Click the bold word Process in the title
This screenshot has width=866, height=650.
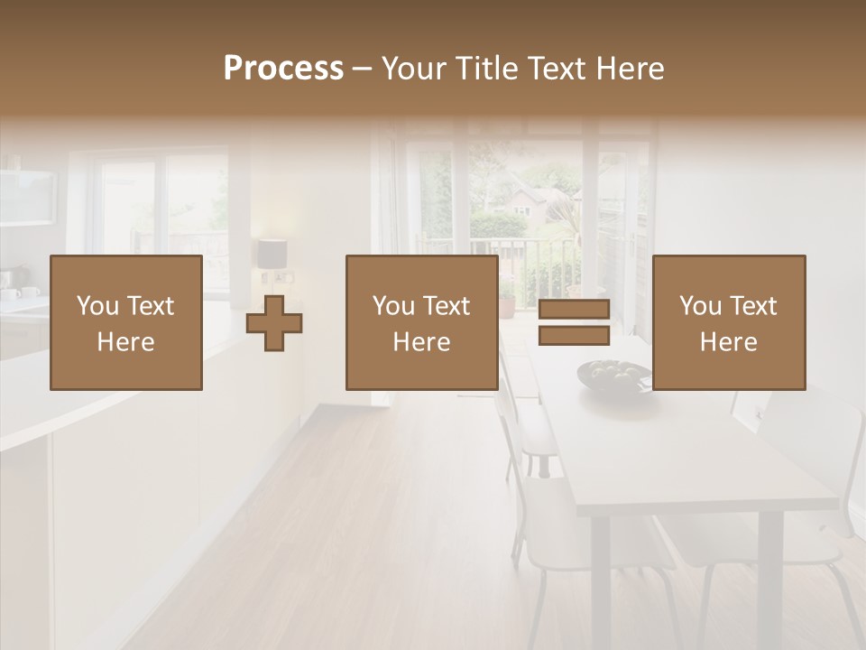pos(283,69)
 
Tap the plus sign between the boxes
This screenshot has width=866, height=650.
pos(274,323)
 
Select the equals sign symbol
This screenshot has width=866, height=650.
pos(574,322)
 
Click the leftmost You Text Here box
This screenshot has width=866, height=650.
pos(126,322)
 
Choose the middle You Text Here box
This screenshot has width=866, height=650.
pos(421,322)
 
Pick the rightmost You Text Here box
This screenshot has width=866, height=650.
pos(728,322)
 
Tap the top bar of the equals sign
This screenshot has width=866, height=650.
pos(574,309)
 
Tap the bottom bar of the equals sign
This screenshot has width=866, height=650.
pos(574,336)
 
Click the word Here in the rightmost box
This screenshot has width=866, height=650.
pos(728,342)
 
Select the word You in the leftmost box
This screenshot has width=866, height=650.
pos(97,306)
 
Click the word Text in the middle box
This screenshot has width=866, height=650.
pos(446,306)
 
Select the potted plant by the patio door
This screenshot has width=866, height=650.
pos(508,302)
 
